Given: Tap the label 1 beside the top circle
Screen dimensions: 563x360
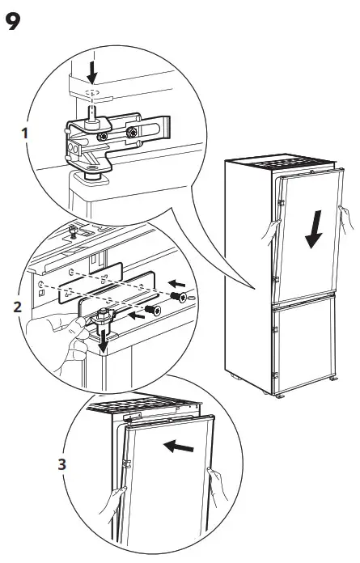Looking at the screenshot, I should [x=27, y=132].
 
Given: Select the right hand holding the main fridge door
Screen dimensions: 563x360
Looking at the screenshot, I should [x=347, y=217].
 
